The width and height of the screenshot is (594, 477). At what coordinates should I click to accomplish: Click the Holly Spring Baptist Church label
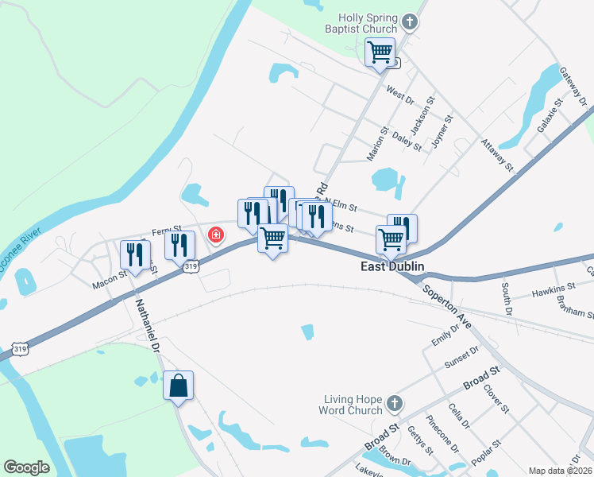(367, 23)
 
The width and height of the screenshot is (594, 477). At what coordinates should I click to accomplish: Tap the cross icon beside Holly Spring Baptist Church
(410, 21)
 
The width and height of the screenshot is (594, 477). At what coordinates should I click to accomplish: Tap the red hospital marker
(215, 235)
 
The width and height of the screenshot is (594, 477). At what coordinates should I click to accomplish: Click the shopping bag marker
(178, 386)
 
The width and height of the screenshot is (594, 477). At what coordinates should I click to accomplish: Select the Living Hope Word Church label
(354, 405)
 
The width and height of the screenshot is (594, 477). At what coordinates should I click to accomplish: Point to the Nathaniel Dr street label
(146, 326)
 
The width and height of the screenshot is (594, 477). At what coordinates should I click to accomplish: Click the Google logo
(26, 467)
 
